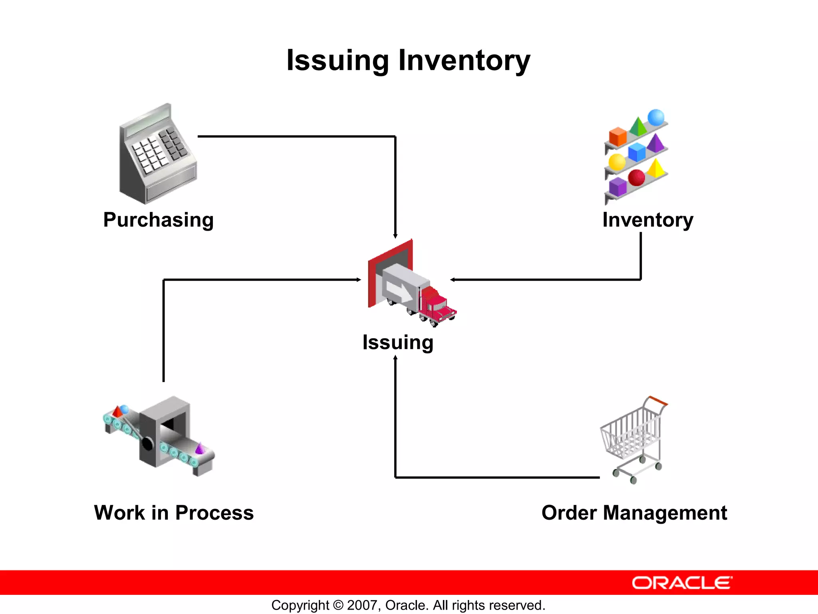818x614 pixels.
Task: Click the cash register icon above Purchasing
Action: pyautogui.click(x=158, y=156)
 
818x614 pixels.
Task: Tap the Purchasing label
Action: pyautogui.click(x=159, y=220)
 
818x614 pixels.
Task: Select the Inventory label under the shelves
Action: pyautogui.click(x=647, y=220)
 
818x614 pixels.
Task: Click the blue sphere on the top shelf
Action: pyautogui.click(x=655, y=118)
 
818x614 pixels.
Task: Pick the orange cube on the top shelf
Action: pyautogui.click(x=617, y=137)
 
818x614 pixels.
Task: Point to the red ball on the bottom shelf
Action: pyautogui.click(x=636, y=177)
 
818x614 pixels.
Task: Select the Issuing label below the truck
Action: pyautogui.click(x=398, y=342)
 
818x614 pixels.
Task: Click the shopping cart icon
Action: pyautogui.click(x=633, y=440)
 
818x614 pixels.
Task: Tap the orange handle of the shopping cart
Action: pyautogui.click(x=657, y=401)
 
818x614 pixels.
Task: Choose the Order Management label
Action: pyautogui.click(x=634, y=513)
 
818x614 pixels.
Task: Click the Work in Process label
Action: pyautogui.click(x=174, y=513)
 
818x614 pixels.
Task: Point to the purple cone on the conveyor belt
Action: pyautogui.click(x=199, y=449)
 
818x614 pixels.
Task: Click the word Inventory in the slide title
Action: pyautogui.click(x=464, y=60)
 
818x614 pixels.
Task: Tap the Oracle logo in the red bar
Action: pyautogui.click(x=682, y=583)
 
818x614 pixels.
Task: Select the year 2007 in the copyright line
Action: pyautogui.click(x=361, y=605)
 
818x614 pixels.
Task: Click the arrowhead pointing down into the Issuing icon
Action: pyautogui.click(x=395, y=236)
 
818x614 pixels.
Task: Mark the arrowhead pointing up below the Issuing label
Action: pyautogui.click(x=395, y=358)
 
